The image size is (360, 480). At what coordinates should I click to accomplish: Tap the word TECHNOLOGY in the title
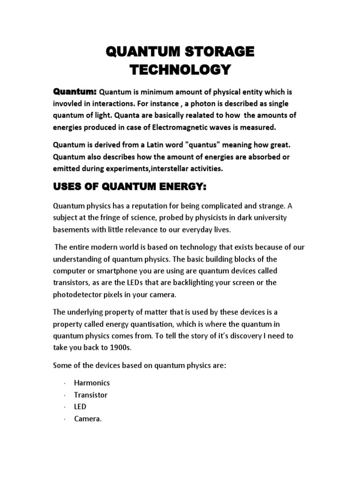pos(180,70)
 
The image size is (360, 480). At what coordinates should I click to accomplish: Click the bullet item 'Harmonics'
pos(92,383)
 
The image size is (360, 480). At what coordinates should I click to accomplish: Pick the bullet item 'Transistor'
pos(90,395)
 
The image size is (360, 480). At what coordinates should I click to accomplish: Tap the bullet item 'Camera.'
pos(88,419)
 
